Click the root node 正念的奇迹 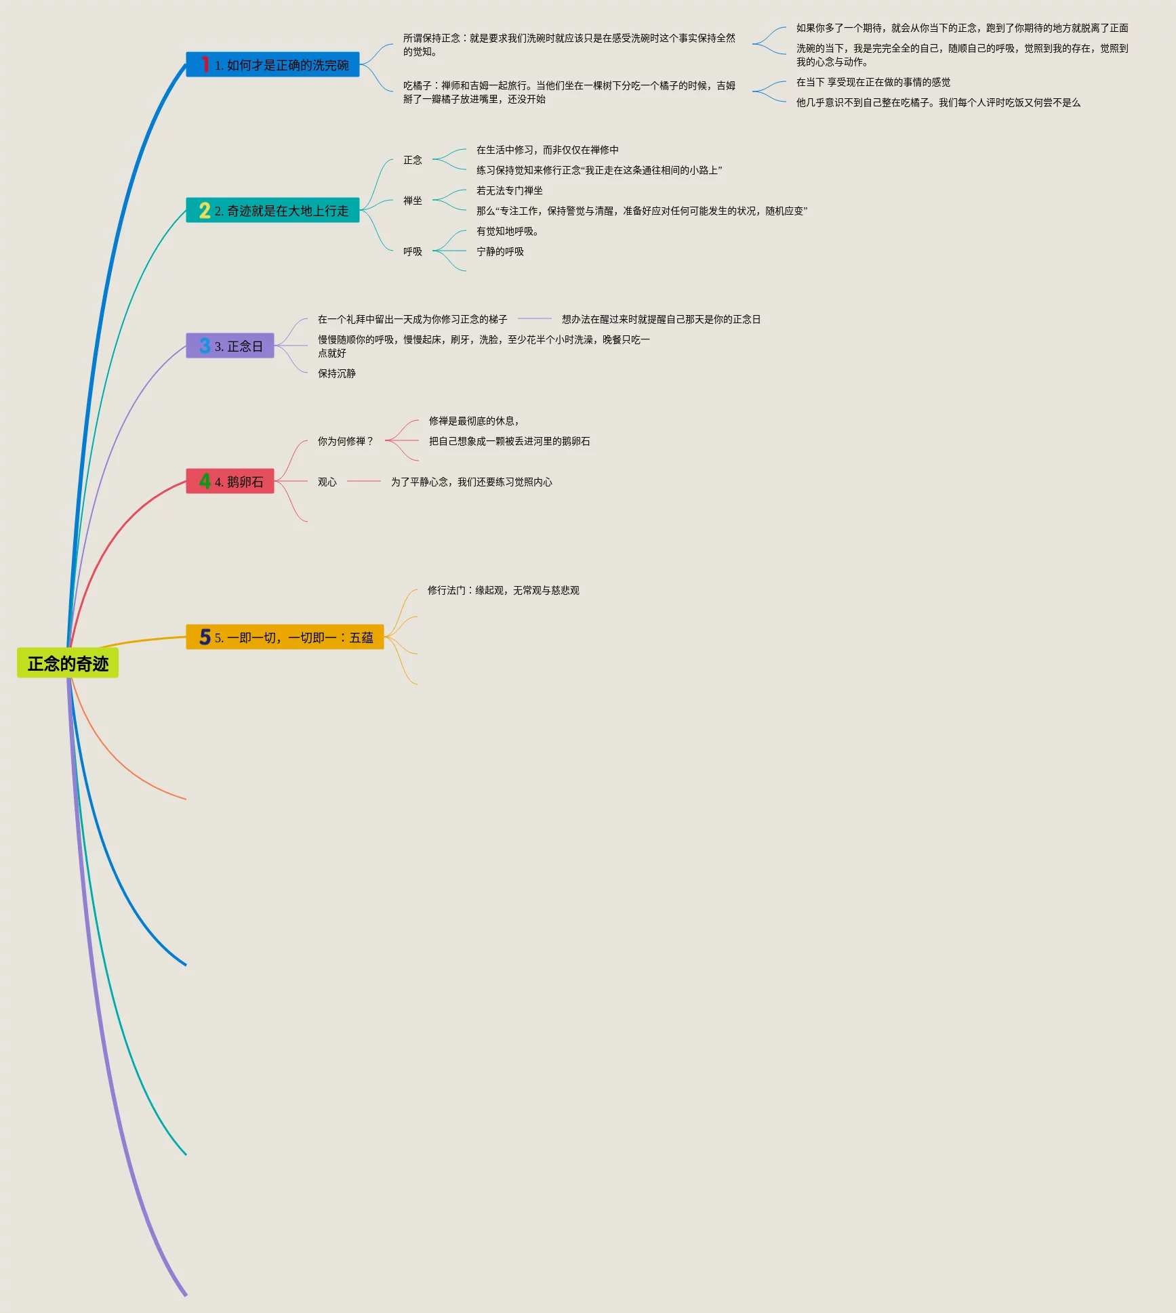(x=68, y=663)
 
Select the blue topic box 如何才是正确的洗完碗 (x=272, y=65)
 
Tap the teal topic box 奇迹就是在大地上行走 (x=272, y=211)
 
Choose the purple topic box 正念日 (x=230, y=346)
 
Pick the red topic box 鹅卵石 (x=230, y=482)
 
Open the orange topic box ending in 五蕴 (x=285, y=638)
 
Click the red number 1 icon (x=205, y=64)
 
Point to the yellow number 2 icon (x=205, y=211)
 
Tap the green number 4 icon (x=205, y=481)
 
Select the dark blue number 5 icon (x=205, y=637)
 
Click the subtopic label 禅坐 (x=412, y=201)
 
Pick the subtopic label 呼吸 (x=412, y=251)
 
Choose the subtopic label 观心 (x=327, y=482)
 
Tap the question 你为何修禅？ (x=345, y=441)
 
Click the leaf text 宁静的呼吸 (x=500, y=251)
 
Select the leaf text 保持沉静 (x=336, y=373)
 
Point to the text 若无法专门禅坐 (x=509, y=190)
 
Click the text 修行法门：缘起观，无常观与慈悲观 (x=503, y=590)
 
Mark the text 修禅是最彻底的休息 (x=473, y=421)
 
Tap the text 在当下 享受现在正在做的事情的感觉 (x=873, y=82)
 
